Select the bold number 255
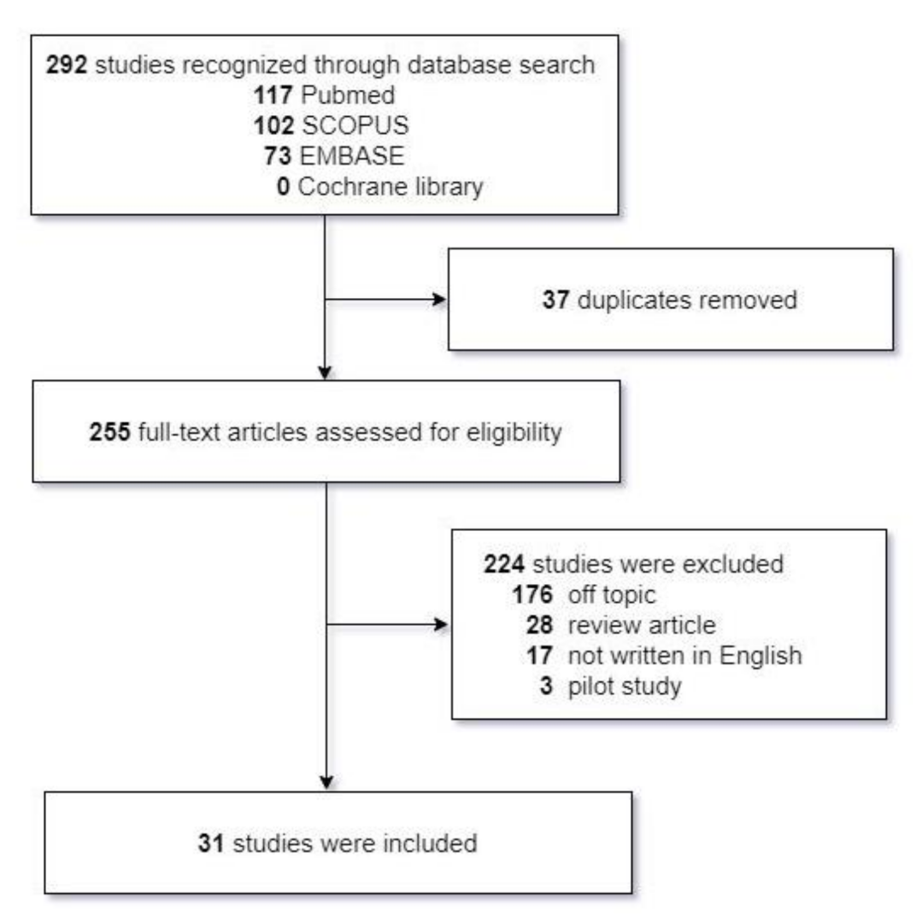click(x=109, y=432)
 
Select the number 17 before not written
click(x=540, y=655)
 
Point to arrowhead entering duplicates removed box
click(x=441, y=300)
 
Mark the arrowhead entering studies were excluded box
click(x=441, y=624)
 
